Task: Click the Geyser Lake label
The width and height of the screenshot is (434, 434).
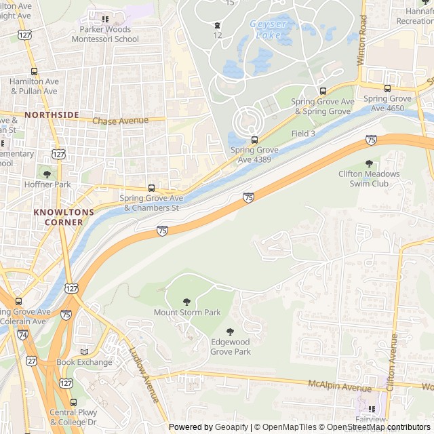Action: [269, 24]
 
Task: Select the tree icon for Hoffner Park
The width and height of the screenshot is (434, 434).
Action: [47, 174]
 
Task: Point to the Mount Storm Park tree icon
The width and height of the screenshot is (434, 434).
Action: [186, 302]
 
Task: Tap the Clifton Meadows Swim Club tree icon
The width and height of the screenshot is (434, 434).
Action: [369, 163]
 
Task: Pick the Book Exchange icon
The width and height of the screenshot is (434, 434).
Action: [84, 352]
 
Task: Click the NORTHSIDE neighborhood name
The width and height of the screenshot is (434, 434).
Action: [52, 115]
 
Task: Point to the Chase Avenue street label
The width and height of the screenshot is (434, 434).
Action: [120, 121]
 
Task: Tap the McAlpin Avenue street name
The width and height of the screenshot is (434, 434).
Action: [340, 385]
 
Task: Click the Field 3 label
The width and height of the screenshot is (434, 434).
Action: [303, 134]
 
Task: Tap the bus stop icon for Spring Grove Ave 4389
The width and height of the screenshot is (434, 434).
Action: [254, 140]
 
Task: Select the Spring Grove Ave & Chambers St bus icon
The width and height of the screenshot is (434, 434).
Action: [151, 188]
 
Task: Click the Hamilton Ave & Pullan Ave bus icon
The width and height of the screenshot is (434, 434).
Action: [34, 71]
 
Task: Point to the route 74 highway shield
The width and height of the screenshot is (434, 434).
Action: [22, 335]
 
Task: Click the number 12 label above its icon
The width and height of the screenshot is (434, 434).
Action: [217, 35]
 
